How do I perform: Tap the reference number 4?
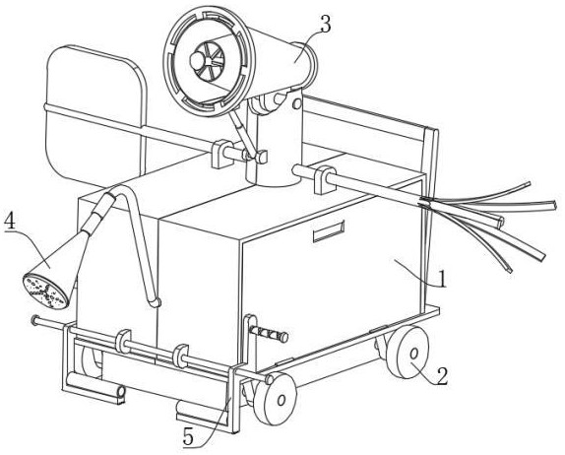click(10, 223)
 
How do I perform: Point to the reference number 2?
click(442, 376)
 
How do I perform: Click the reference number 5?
click(188, 437)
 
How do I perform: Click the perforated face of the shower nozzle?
click(45, 292)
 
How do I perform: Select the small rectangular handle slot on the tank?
click(328, 231)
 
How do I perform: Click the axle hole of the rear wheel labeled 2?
click(414, 354)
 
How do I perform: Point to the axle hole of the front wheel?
click(282, 400)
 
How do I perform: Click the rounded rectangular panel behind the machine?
click(94, 116)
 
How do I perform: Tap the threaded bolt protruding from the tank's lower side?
click(270, 334)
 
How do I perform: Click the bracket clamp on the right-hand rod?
click(324, 179)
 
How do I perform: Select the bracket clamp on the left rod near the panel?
click(220, 154)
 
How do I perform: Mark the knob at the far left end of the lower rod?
click(35, 320)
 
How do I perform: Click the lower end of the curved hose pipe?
click(156, 302)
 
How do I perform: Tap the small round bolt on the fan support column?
click(296, 103)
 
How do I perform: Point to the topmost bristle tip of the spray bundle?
click(529, 184)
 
